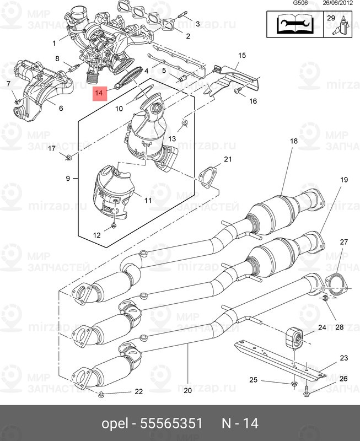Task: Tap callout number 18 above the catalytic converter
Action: pyautogui.click(x=294, y=142)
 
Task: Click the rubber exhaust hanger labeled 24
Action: pyautogui.click(x=294, y=337)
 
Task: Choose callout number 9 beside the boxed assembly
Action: pyautogui.click(x=68, y=178)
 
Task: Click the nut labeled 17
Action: pyautogui.click(x=68, y=159)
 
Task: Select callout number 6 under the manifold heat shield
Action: pyautogui.click(x=61, y=108)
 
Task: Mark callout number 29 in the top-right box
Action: pyautogui.click(x=331, y=18)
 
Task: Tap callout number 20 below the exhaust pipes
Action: pyautogui.click(x=187, y=391)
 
